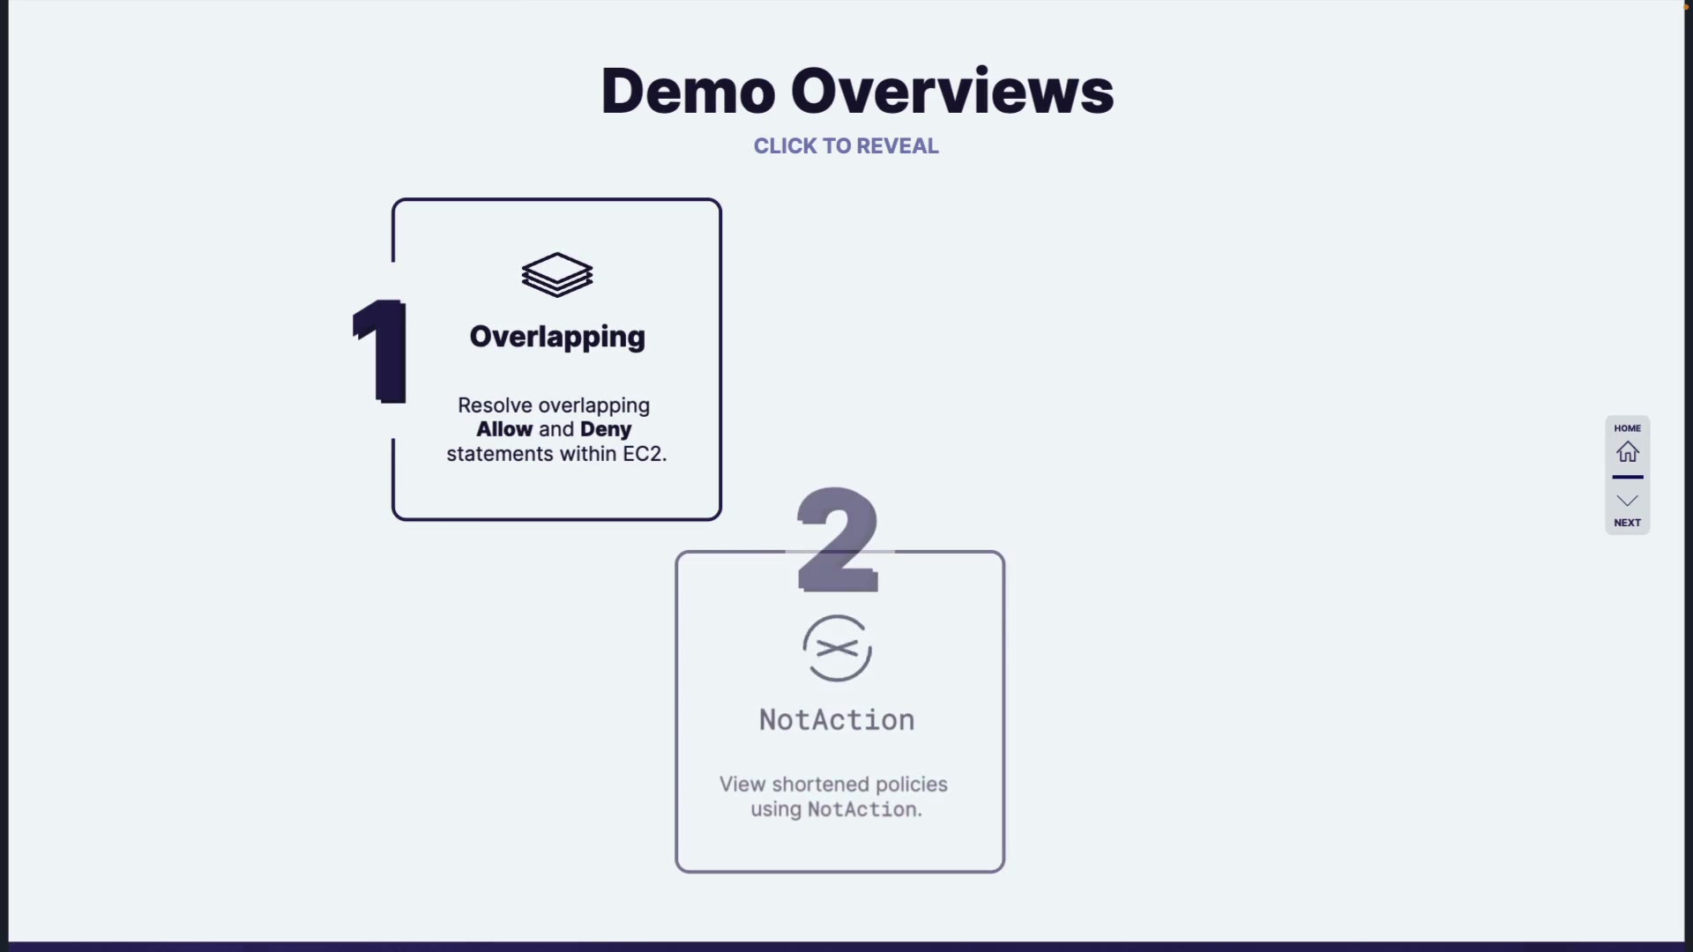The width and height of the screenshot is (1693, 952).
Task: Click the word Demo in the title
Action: (688, 92)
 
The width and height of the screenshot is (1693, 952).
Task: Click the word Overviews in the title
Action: (952, 92)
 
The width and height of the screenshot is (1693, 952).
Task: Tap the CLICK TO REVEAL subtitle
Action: (846, 146)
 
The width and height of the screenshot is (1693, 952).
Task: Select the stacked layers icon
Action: (557, 275)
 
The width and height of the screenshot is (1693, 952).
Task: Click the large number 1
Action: (381, 351)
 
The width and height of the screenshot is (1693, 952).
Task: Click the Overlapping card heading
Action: (557, 337)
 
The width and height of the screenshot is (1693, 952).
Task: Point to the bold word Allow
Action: (504, 429)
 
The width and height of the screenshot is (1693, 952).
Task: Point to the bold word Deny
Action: (606, 429)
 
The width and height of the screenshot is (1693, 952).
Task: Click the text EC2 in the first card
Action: (643, 454)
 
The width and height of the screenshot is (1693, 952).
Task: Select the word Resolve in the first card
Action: (495, 405)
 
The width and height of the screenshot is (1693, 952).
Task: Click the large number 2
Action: (838, 539)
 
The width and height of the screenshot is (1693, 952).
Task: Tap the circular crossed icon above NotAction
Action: (837, 649)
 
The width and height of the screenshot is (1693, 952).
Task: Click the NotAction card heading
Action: (837, 720)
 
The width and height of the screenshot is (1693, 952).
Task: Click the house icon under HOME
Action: (1628, 452)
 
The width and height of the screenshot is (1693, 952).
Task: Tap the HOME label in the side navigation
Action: (1628, 428)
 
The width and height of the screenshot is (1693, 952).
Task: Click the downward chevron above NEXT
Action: (1628, 501)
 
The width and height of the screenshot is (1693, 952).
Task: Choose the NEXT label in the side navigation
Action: (1628, 523)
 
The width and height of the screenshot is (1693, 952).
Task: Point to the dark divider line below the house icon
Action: (1628, 477)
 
